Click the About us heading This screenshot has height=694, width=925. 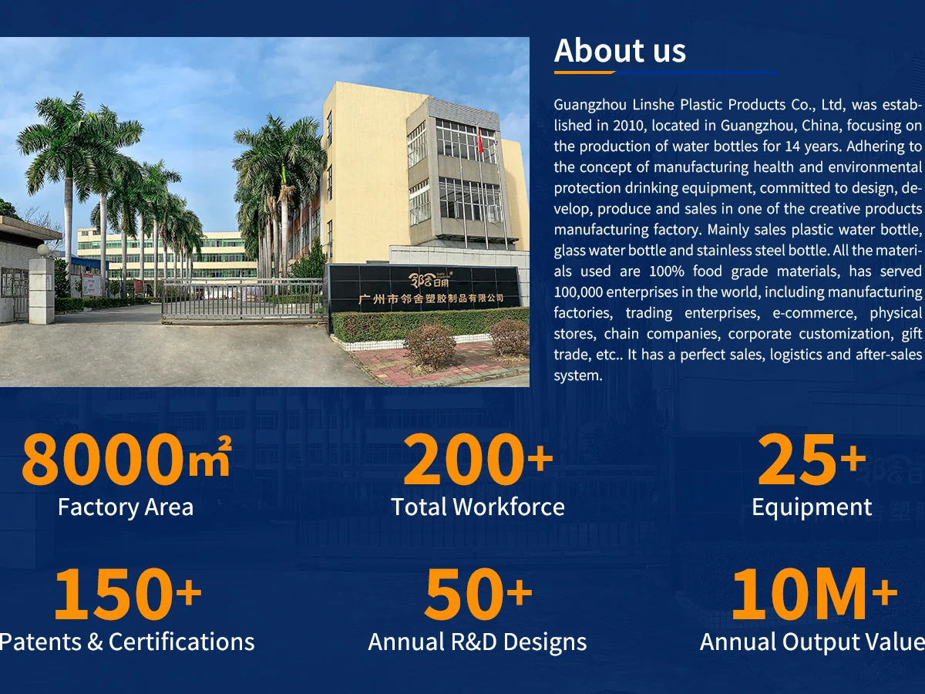point(620,51)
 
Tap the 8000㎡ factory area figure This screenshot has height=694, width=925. point(126,459)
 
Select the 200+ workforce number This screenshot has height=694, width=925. point(478,460)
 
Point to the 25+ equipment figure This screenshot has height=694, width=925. point(812,460)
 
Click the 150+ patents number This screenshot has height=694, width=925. point(127,593)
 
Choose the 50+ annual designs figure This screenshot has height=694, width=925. point(478,593)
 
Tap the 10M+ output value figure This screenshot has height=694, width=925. point(814,593)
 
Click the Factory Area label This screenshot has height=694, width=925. point(126,507)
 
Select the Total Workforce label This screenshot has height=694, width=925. point(478,507)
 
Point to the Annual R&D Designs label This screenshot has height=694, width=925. point(477,642)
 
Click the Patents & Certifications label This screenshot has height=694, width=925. point(127,642)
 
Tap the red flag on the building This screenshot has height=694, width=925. point(479,141)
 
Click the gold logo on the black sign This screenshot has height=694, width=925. point(431,279)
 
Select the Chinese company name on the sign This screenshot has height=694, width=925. point(431,298)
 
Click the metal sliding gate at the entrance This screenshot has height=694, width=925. point(243,300)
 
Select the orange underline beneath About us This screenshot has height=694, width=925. point(585,72)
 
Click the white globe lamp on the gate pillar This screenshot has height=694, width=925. point(43,251)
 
